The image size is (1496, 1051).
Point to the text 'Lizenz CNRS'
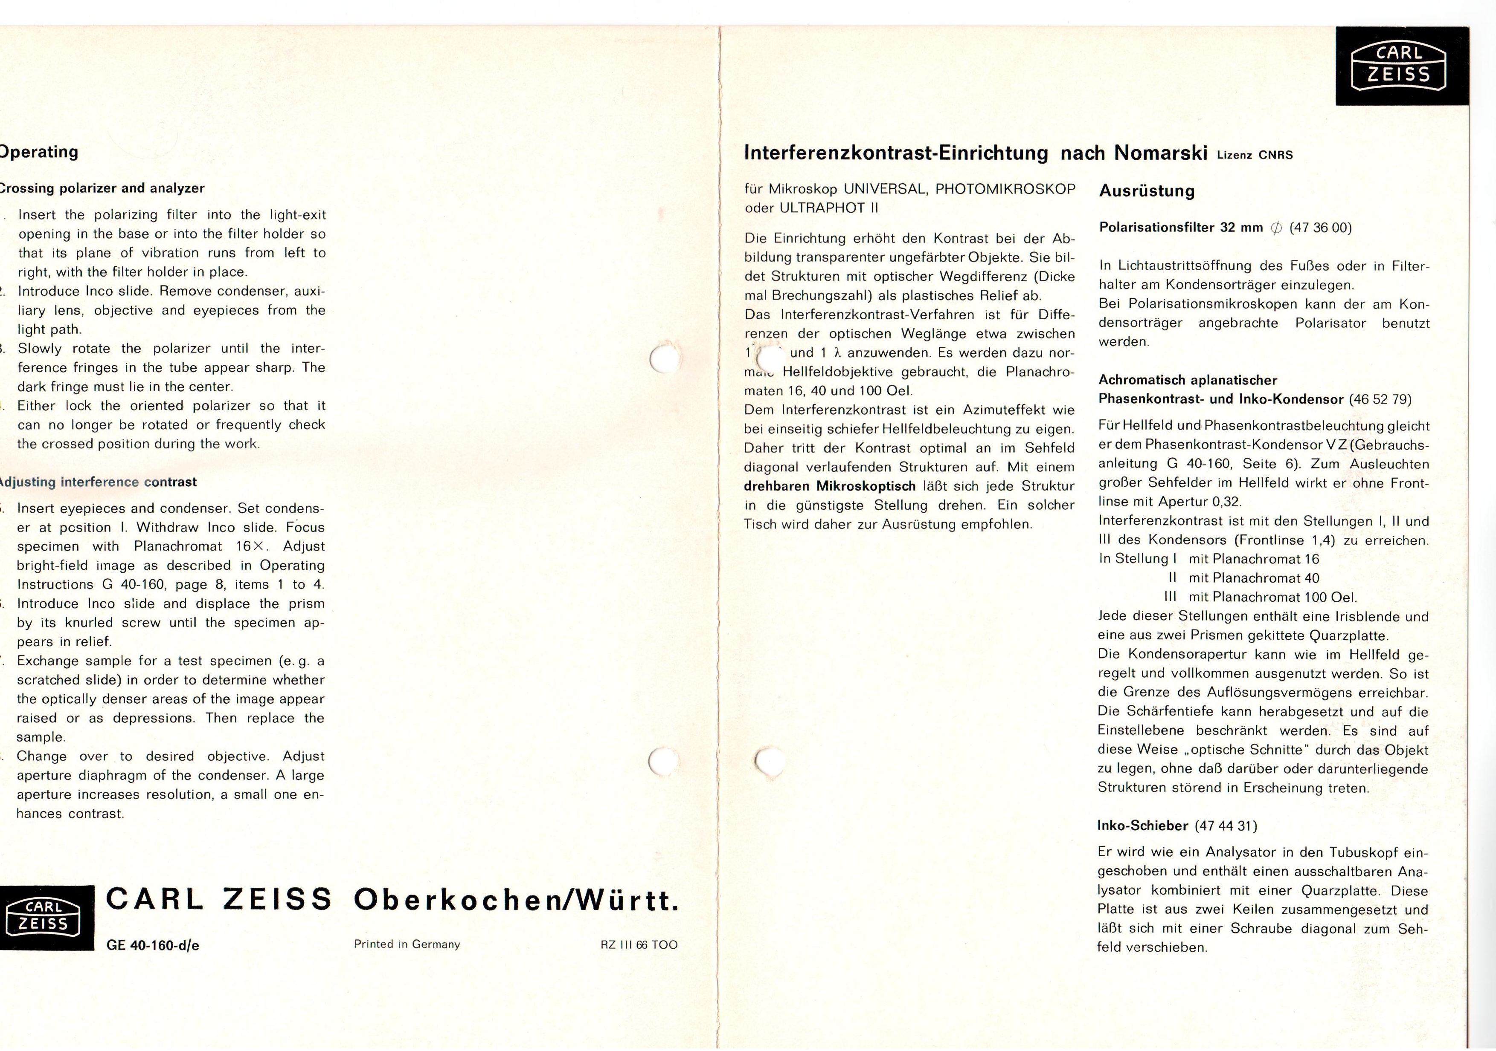[x=1254, y=155]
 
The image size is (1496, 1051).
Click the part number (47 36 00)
[x=1320, y=228]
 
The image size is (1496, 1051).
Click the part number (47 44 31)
[x=1226, y=826]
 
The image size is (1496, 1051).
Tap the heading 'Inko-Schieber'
[x=1143, y=826]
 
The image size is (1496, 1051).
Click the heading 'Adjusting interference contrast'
[x=98, y=482]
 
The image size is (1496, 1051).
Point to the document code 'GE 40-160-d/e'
[x=152, y=945]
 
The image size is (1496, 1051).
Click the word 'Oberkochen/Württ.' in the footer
[x=516, y=901]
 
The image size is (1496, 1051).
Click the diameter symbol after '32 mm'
[x=1276, y=228]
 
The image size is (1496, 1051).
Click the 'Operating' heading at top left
[x=39, y=152]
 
